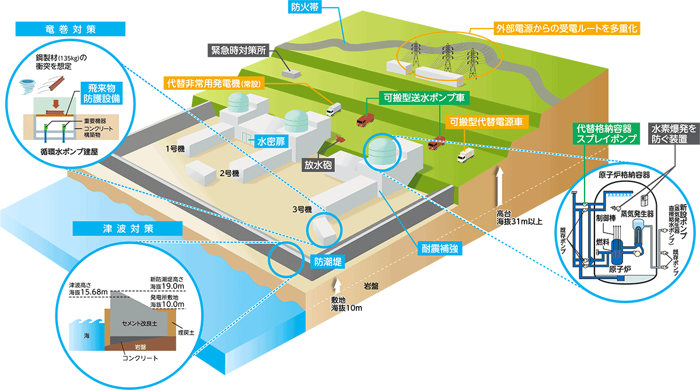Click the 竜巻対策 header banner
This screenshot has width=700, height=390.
[71, 29]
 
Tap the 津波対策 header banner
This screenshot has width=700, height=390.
[128, 229]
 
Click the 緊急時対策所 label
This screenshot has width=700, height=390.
[239, 50]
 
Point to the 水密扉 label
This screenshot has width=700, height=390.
[271, 142]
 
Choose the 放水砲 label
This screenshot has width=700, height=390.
[318, 165]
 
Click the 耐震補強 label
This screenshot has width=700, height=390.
[440, 248]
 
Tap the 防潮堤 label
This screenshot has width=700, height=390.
[328, 262]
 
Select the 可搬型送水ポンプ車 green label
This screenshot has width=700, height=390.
[424, 98]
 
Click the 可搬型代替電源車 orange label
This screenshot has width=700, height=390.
[486, 122]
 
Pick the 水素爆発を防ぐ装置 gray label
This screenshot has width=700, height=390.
[674, 133]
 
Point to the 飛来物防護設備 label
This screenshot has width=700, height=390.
[101, 93]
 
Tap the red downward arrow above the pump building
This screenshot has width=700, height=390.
[56, 104]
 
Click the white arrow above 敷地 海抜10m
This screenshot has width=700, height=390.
[337, 286]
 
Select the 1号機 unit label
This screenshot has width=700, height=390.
[175, 149]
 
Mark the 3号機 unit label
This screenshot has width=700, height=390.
[302, 209]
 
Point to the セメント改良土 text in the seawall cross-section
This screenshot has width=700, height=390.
[139, 324]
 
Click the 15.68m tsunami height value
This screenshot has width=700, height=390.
[94, 292]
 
